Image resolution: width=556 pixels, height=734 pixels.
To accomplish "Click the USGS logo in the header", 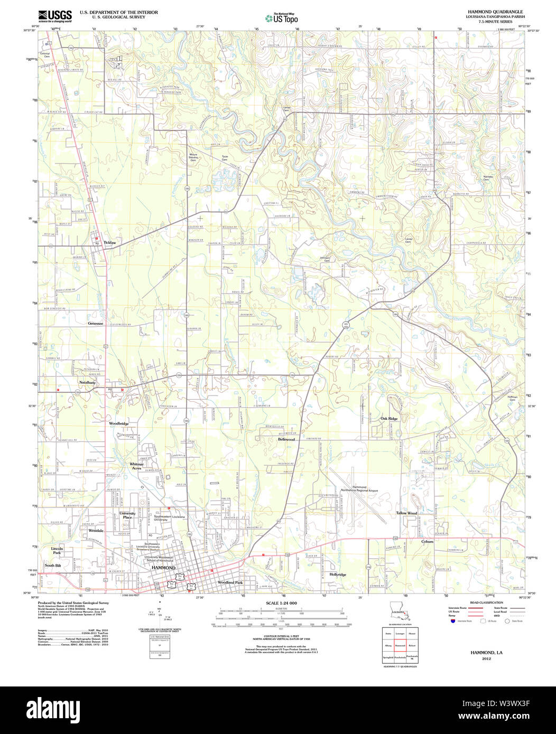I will [x=55, y=15].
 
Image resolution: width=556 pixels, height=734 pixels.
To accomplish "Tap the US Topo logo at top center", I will [x=282, y=18].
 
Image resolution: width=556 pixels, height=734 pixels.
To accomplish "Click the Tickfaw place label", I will [x=109, y=242].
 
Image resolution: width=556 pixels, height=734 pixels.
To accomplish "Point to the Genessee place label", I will [x=96, y=323].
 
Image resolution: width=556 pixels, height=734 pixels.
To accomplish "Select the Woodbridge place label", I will [x=119, y=424].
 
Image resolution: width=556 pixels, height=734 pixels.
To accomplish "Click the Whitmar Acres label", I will [x=136, y=466].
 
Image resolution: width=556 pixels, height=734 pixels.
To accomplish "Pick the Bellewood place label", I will [x=286, y=439].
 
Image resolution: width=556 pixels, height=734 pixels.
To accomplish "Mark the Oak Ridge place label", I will [x=389, y=419].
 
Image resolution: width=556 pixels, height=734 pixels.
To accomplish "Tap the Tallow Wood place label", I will [x=406, y=513].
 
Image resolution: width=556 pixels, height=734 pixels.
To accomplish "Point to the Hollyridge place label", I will [x=338, y=574].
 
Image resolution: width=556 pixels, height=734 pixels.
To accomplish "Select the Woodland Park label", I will [x=230, y=582].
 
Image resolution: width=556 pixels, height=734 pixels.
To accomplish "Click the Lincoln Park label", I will [x=57, y=551].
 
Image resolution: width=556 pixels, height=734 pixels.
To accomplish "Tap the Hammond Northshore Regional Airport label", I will [x=359, y=489].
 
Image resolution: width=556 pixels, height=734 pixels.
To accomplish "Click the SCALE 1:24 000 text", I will [x=281, y=603].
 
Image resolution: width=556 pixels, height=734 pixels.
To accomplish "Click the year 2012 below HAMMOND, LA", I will [x=486, y=658].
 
